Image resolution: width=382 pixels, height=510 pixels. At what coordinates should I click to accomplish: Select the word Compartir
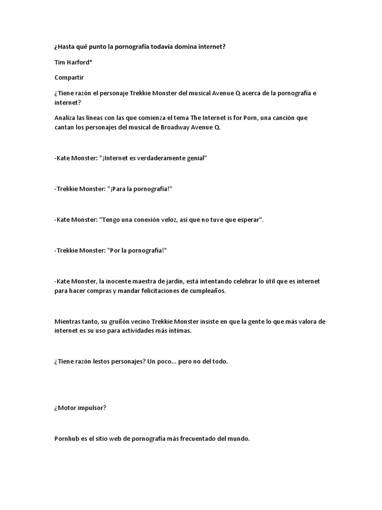point(69,78)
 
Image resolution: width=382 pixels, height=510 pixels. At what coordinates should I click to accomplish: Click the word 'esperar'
point(248,220)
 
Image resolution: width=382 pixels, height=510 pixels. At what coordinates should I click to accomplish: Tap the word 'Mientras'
point(68,322)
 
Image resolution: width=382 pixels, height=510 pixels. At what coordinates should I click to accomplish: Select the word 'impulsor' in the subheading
point(91,408)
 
